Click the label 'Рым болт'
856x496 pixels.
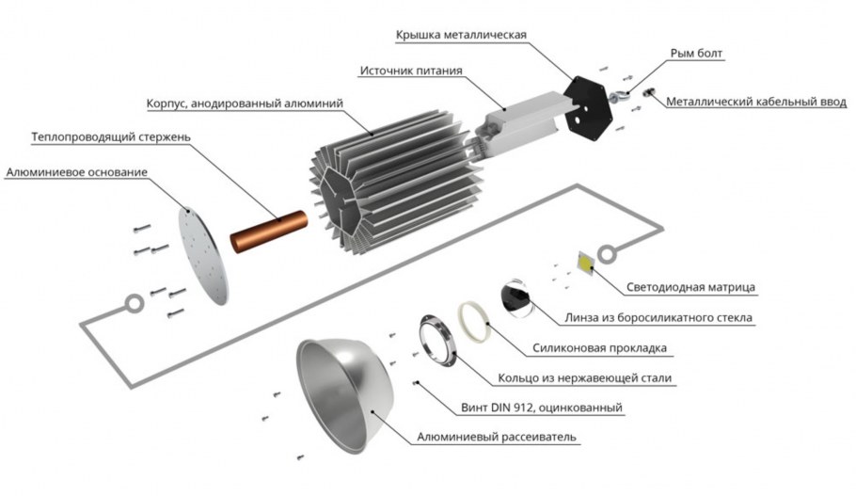(696, 54)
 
